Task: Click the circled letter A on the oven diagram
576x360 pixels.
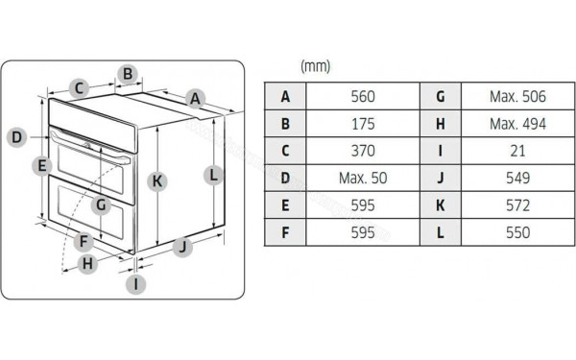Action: (x=195, y=98)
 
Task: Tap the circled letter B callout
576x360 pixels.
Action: (x=128, y=73)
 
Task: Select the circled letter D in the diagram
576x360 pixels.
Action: (x=16, y=137)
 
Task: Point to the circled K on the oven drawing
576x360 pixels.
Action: (x=157, y=180)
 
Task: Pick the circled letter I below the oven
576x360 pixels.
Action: (x=136, y=283)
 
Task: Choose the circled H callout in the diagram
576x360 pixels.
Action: (x=87, y=263)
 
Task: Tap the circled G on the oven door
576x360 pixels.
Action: (x=99, y=204)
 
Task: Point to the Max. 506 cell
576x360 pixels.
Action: (x=516, y=96)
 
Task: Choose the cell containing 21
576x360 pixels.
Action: (x=516, y=151)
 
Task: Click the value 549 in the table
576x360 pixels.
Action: (x=516, y=178)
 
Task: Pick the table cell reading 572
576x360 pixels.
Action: (x=516, y=204)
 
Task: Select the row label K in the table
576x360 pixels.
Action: (x=440, y=204)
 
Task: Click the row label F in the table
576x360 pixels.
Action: (x=285, y=231)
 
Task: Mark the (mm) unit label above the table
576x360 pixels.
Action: (x=315, y=65)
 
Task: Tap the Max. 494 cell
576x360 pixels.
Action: (x=516, y=124)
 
